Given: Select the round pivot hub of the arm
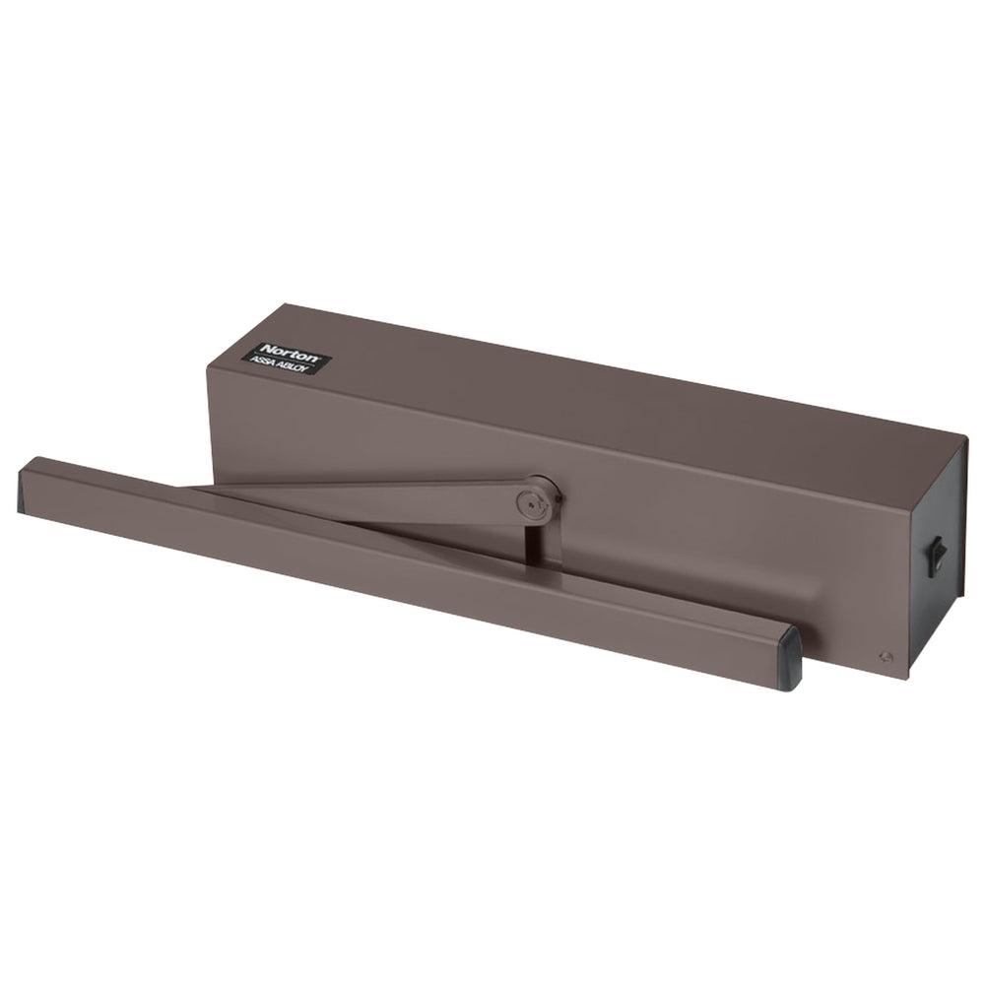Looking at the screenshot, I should (x=539, y=493).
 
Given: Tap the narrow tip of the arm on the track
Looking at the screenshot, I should (x=197, y=486).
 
